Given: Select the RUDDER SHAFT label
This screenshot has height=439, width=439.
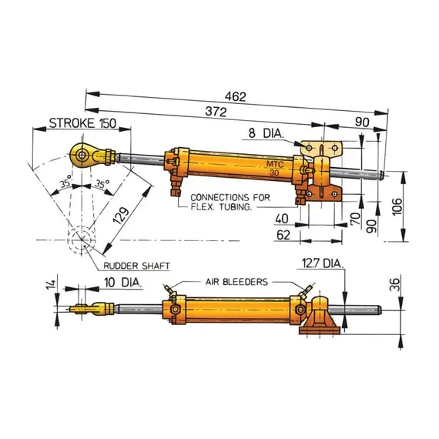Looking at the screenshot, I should [x=136, y=264].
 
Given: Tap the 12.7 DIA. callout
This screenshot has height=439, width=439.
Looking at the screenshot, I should [x=321, y=263].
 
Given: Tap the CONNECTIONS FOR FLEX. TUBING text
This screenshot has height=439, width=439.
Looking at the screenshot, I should [x=229, y=202].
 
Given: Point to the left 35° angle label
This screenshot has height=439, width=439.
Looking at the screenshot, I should [x=67, y=184].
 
